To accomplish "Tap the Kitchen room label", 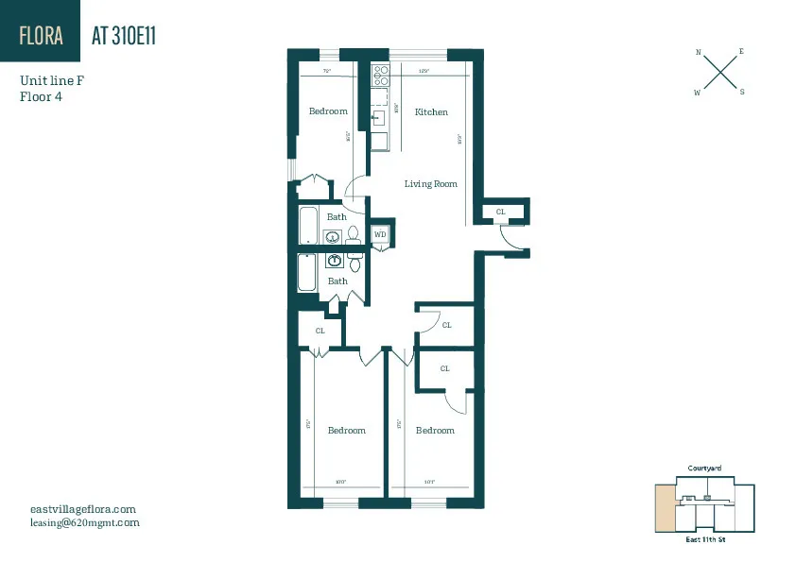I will pyautogui.click(x=431, y=112).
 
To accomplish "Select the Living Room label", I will pyautogui.click(x=431, y=184).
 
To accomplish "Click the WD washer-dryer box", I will pyautogui.click(x=380, y=234).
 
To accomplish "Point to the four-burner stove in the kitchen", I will pyautogui.click(x=380, y=75).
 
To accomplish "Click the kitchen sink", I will pyautogui.click(x=378, y=118).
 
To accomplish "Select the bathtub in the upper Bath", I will pyautogui.click(x=309, y=226).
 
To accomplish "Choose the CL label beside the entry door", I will pyautogui.click(x=500, y=213).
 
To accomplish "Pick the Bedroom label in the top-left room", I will pyautogui.click(x=328, y=111).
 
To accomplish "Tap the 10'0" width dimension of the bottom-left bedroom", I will pyautogui.click(x=339, y=483).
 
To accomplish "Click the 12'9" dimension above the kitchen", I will pyautogui.click(x=424, y=71).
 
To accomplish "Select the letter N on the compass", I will pyautogui.click(x=699, y=53).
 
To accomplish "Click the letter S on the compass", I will pyautogui.click(x=742, y=92).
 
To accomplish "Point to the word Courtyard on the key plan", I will pyautogui.click(x=704, y=468).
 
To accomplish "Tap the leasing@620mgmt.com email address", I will pyautogui.click(x=84, y=522).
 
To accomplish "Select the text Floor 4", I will pyautogui.click(x=40, y=96).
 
